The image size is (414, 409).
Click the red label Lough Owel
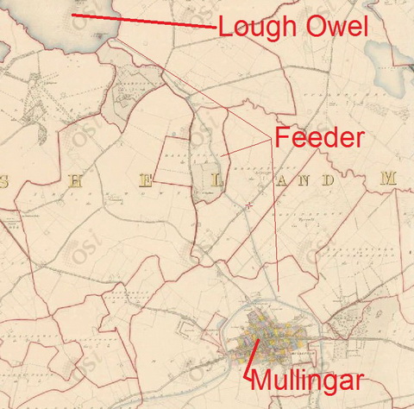293,27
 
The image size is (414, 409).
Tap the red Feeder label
319,138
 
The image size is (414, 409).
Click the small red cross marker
249,205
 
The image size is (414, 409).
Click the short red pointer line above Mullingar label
253,354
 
